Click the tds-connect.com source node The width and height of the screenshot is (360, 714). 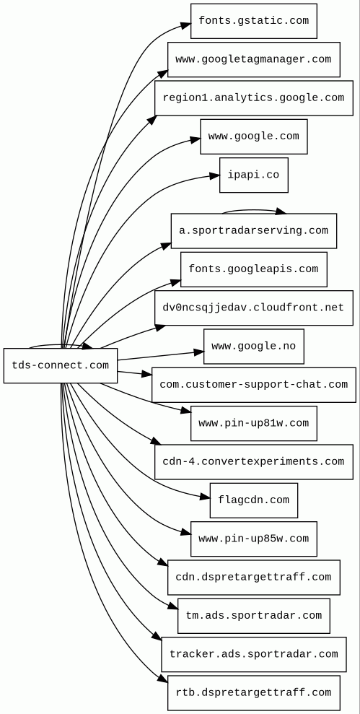[60, 365]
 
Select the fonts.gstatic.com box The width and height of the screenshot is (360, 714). [253, 21]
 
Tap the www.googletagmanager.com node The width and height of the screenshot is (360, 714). [253, 59]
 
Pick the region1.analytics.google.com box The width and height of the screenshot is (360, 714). [253, 98]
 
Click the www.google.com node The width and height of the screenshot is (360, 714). [253, 136]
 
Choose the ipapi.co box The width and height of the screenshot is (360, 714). [253, 175]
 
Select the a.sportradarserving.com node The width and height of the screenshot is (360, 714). [253, 231]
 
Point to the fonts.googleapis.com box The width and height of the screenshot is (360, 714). [253, 269]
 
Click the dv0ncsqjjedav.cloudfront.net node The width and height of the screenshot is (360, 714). [253, 308]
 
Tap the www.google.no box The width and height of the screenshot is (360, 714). [253, 347]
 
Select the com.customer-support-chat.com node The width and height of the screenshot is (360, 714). [253, 385]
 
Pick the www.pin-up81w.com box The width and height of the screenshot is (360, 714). [253, 423]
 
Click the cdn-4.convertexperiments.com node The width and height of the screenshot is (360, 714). [253, 462]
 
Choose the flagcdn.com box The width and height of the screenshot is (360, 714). [253, 500]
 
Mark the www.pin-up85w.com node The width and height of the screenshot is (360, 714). [253, 539]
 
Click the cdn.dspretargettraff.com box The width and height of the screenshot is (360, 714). [253, 578]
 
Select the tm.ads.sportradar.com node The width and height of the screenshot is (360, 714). [253, 616]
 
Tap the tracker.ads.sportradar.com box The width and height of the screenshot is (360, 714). [253, 654]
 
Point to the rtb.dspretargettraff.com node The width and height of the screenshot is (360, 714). [253, 693]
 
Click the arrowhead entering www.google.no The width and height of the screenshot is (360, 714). [199, 352]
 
